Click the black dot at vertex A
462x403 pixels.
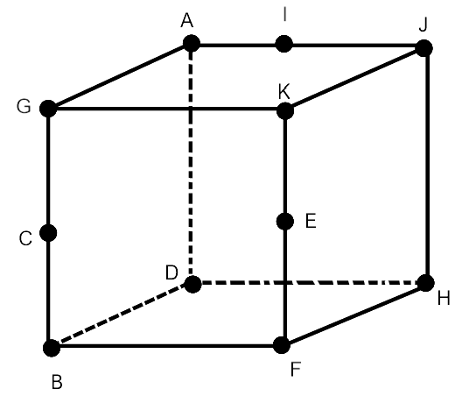click(x=192, y=44)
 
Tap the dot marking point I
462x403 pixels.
click(x=283, y=44)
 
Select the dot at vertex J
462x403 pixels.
click(x=424, y=48)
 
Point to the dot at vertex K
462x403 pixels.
click(x=285, y=111)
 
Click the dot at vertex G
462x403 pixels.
click(x=48, y=109)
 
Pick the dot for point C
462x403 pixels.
click(x=48, y=233)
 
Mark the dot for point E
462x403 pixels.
click(x=285, y=222)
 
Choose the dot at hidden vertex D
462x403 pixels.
click(x=192, y=284)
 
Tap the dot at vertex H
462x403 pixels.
click(x=426, y=283)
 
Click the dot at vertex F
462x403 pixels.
click(x=282, y=345)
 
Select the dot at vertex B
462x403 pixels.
click(x=52, y=348)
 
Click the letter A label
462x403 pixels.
click(x=187, y=21)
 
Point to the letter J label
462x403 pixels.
click(x=423, y=25)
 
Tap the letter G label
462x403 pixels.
click(x=24, y=106)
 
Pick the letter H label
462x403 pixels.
click(x=444, y=298)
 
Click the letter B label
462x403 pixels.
click(x=57, y=382)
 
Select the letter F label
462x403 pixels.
click(x=296, y=369)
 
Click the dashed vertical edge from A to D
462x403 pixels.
click(x=191, y=164)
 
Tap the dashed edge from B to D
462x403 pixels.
click(x=122, y=316)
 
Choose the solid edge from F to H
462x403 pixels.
click(x=353, y=314)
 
